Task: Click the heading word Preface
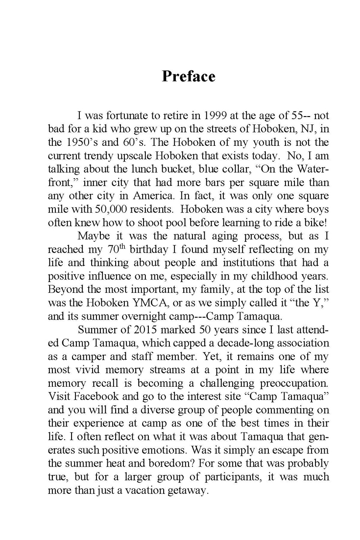point(189,76)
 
